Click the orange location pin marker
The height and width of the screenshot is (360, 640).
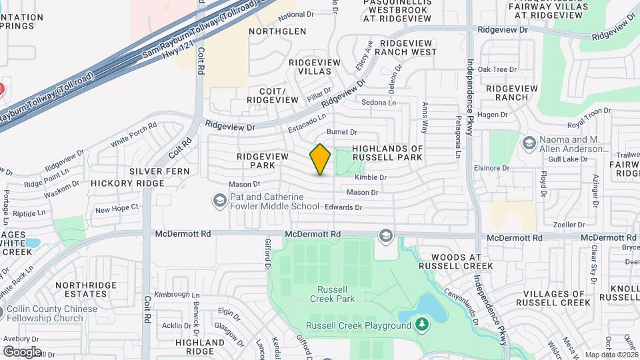click(x=321, y=159)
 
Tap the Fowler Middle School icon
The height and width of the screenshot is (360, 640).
click(x=219, y=200)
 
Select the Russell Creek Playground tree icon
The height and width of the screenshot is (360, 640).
click(x=421, y=325)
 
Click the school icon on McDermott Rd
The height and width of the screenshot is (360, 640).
click(x=385, y=235)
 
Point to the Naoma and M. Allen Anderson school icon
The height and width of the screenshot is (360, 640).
click(x=529, y=144)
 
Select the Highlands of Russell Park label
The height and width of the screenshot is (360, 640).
click(x=387, y=153)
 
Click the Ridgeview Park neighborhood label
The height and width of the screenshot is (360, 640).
click(x=262, y=160)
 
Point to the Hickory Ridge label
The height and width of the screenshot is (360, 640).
click(x=127, y=183)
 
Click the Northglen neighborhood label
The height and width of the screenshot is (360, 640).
click(x=277, y=31)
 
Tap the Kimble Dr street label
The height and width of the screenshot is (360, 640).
click(x=371, y=177)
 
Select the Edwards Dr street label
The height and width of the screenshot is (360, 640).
click(x=343, y=207)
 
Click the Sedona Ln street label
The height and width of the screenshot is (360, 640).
click(x=379, y=103)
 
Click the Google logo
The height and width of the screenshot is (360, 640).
click(x=22, y=351)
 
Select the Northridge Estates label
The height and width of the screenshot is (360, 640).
click(x=81, y=289)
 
